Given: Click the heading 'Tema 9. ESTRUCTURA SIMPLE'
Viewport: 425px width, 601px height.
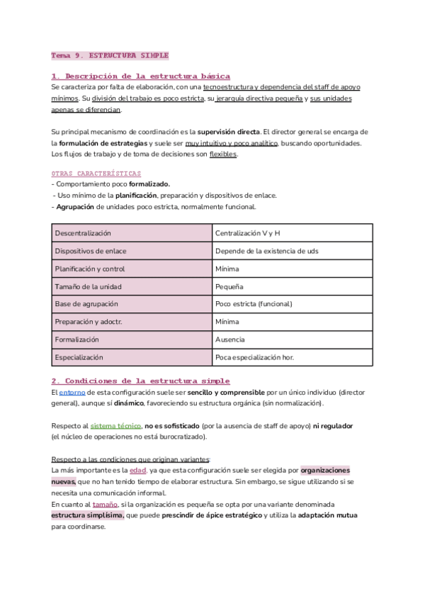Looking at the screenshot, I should [110, 55].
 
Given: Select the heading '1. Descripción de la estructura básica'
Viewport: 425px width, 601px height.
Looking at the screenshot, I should [140, 76].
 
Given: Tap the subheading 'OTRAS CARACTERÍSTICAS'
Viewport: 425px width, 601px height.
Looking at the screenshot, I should [96, 173].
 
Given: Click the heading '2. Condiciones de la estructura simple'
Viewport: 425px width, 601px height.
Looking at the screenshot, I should [140, 381].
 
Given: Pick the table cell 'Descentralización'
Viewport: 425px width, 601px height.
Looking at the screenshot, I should [83, 232].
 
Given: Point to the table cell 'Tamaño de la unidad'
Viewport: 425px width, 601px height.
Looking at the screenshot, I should [88, 286].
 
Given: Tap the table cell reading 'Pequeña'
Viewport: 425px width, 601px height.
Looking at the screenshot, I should [229, 286].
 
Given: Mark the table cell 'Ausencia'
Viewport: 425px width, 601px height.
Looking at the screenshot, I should [229, 339].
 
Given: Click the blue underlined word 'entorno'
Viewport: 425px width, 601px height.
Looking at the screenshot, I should [72, 392].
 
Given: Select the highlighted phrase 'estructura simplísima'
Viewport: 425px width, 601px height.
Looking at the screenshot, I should [87, 515].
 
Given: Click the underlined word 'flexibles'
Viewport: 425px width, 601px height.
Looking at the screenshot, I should [224, 155].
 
